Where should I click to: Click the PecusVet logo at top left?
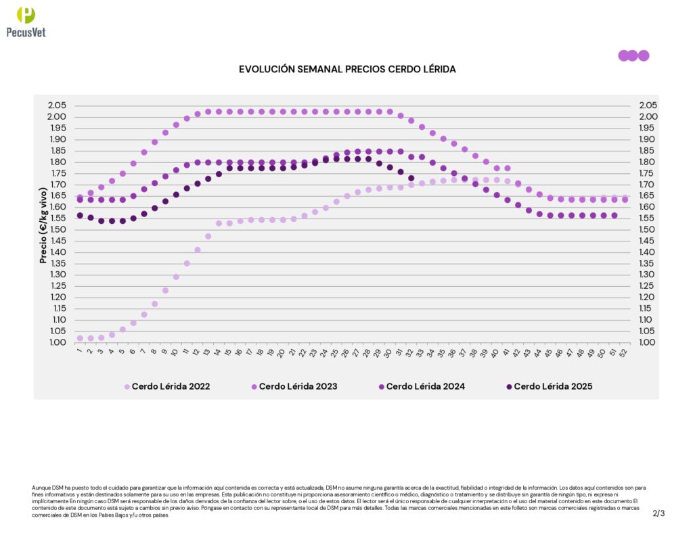coord(25,22)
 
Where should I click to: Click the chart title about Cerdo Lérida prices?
coord(347,70)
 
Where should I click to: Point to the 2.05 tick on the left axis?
coord(58,106)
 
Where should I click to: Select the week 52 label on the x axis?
coord(624,352)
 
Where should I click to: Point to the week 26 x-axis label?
coord(346,352)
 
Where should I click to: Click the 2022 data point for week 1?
coord(80,338)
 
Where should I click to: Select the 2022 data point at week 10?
coord(176,277)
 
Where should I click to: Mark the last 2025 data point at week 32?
coord(411,179)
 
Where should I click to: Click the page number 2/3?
coord(658,513)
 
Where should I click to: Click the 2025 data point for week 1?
coord(80,216)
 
